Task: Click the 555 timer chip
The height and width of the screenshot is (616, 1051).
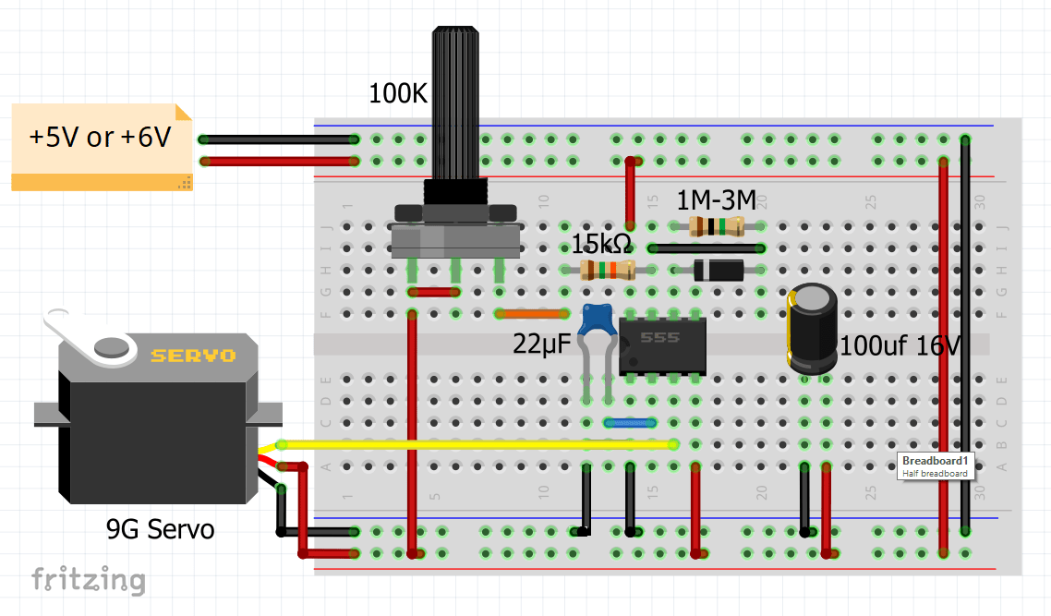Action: point(662,345)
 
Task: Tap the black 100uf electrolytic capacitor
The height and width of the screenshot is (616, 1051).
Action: point(812,328)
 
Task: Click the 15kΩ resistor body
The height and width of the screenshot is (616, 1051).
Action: point(608,270)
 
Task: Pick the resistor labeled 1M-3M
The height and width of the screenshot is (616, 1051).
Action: point(717,226)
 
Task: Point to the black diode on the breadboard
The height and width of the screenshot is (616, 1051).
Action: point(717,270)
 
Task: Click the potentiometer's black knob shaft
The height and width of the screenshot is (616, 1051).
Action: point(456,102)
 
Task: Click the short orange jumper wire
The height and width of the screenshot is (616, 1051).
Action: point(532,314)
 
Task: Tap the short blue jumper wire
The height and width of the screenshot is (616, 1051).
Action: point(630,422)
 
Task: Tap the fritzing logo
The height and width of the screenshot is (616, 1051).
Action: point(89,579)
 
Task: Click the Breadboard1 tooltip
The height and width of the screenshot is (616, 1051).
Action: point(936,465)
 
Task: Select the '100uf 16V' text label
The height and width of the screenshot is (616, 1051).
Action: point(900,346)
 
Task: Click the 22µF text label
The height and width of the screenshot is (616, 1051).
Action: point(543,344)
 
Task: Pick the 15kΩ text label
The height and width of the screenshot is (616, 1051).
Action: point(600,245)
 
